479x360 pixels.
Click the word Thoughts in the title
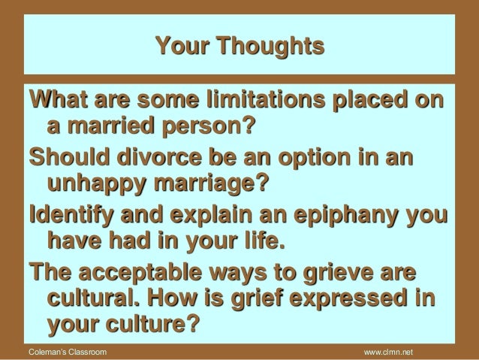pyautogui.click(x=271, y=46)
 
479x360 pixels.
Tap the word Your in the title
pyautogui.click(x=182, y=46)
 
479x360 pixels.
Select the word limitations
pyautogui.click(x=266, y=100)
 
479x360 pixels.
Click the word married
pyautogui.click(x=110, y=126)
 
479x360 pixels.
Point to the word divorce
pyautogui.click(x=159, y=157)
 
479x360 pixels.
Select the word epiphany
pyautogui.click(x=346, y=216)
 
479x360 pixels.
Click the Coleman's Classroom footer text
pyautogui.click(x=68, y=352)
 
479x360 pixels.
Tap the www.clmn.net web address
pyautogui.click(x=388, y=352)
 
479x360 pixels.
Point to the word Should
pyautogui.click(x=69, y=157)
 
